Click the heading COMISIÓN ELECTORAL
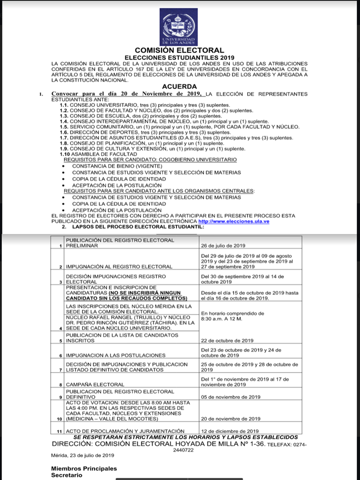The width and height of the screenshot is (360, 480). (179, 50)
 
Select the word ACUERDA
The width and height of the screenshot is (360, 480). (179, 86)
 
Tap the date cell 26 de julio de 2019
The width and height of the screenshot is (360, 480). (223, 246)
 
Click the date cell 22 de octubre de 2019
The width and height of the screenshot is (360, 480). (226, 340)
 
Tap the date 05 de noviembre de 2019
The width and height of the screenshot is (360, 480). (230, 397)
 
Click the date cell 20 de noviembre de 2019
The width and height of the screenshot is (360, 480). (230, 418)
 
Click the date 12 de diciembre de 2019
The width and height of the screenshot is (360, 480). (229, 431)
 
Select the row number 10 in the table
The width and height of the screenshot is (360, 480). (59, 418)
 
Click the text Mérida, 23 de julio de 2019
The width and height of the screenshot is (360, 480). (82, 455)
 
